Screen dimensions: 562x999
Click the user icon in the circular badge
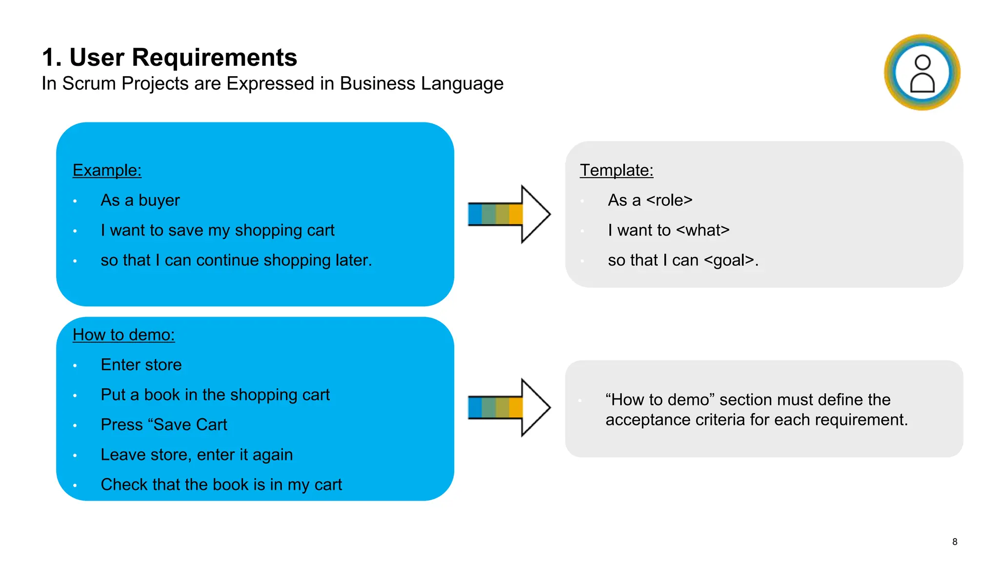[922, 73]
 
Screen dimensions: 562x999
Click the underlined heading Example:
[107, 170]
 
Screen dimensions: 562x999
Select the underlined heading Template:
[616, 170]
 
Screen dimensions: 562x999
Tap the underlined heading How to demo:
[123, 335]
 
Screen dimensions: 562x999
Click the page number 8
[955, 542]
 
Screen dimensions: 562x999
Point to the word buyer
[159, 201]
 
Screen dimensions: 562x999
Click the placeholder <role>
[669, 201]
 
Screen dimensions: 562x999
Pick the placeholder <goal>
[729, 261]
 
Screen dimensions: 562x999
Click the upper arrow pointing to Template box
[509, 214]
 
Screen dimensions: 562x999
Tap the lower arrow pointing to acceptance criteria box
[509, 407]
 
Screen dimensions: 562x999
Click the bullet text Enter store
[141, 365]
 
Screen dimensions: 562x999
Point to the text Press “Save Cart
[163, 425]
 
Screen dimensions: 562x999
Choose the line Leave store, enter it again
[196, 455]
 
